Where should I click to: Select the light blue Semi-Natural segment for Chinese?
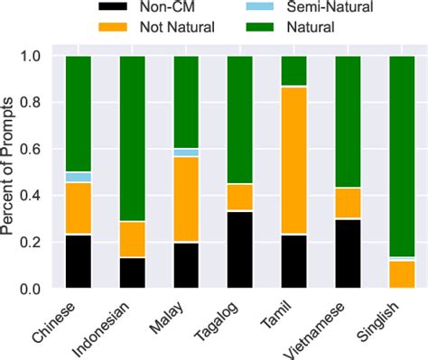(x=78, y=177)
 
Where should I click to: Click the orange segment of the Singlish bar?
(x=402, y=274)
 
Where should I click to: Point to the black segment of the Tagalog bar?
(x=240, y=250)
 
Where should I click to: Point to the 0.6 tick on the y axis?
(x=36, y=150)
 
